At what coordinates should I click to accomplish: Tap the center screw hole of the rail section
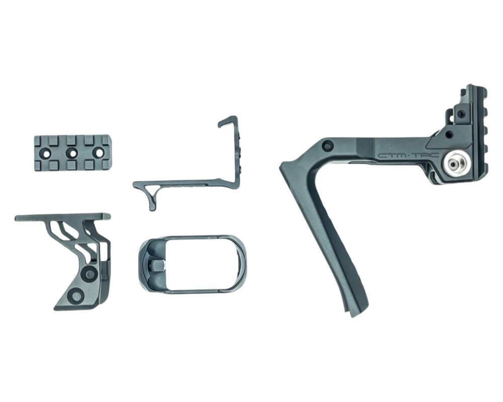(72, 152)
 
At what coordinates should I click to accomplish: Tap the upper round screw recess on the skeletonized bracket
(90, 273)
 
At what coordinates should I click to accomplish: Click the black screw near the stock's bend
(328, 146)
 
